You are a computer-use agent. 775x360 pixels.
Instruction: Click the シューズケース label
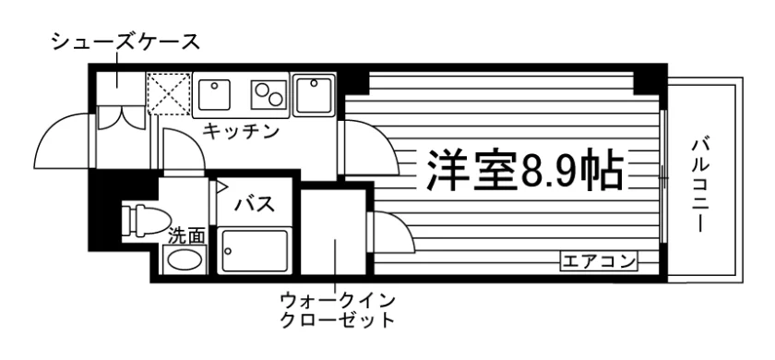126,42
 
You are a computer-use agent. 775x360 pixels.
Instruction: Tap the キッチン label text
241,131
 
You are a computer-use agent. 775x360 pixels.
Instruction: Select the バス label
255,203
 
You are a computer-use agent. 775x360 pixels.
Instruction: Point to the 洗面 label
186,236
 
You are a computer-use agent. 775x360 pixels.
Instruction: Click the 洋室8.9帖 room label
524,170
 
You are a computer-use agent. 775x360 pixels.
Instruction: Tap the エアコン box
599,260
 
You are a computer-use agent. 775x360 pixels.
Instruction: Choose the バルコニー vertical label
700,186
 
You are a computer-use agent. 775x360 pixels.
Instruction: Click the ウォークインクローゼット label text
338,310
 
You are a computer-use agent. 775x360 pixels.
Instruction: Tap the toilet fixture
146,220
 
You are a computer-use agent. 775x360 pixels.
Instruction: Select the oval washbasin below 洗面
184,259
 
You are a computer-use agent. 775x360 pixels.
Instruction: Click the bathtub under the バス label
254,250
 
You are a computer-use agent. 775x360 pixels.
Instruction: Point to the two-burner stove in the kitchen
269,94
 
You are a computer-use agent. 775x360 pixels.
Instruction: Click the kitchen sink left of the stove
215,95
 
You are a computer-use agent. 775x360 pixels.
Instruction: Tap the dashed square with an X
169,93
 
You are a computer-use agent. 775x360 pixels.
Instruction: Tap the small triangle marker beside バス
221,186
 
